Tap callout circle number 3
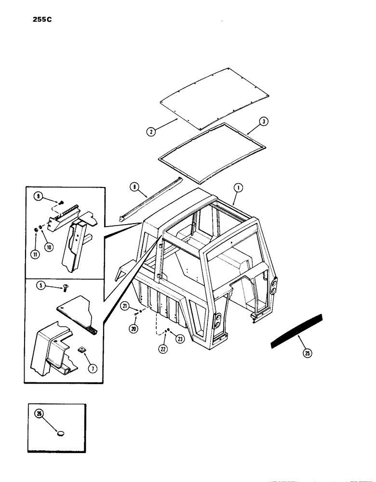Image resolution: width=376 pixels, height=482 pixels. coord(263,121)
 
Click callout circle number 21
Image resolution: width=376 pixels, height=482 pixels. coord(124,306)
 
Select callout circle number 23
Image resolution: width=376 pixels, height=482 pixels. coord(180,339)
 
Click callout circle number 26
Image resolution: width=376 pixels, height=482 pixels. coord(38,413)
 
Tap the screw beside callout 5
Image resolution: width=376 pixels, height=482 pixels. coord(64,288)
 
